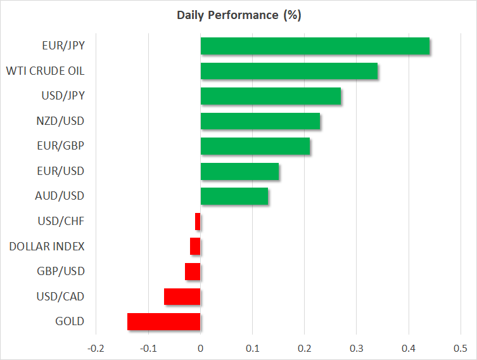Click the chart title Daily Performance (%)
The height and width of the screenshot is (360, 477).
point(239,15)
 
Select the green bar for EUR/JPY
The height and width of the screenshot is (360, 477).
point(315,46)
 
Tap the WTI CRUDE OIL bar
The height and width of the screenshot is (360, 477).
point(289,71)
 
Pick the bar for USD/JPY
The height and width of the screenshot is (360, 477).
point(270,96)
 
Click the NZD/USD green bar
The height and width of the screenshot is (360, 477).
point(260,121)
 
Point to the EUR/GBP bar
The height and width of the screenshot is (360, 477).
point(255,146)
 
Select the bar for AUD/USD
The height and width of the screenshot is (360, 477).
point(234,196)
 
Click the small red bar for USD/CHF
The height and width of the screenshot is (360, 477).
point(198,221)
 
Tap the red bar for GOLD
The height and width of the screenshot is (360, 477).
point(164,322)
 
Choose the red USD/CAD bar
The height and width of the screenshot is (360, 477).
point(182,297)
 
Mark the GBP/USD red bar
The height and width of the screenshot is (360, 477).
point(193,271)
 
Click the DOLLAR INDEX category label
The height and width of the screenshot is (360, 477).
point(47,247)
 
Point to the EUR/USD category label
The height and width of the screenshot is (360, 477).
point(61,171)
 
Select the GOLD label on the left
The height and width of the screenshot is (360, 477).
point(70,321)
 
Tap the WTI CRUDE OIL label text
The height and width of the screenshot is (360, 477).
point(46,71)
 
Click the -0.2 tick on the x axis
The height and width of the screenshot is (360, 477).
point(96,349)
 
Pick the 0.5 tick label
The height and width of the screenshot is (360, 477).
point(461,349)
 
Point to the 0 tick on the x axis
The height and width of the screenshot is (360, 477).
point(200,349)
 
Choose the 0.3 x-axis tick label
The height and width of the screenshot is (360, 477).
point(356,349)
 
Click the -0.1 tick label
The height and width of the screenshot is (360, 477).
point(148,349)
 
